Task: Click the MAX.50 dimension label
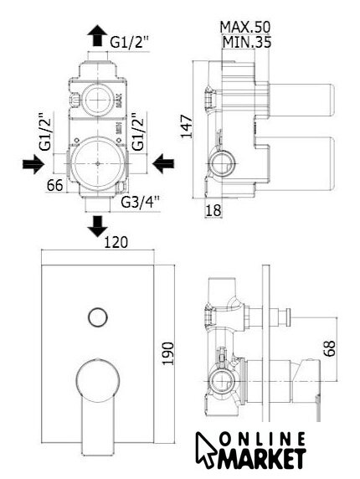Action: point(245,27)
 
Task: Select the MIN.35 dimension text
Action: point(247,42)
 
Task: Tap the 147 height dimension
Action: point(187,126)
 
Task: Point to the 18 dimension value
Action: point(213,210)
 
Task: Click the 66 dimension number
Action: point(55,185)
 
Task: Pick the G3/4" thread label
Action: point(141,202)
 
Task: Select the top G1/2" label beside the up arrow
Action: point(129,42)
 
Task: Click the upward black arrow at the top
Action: point(97,35)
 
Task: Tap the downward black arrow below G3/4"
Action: point(97,226)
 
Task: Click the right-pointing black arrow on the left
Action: point(33,164)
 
